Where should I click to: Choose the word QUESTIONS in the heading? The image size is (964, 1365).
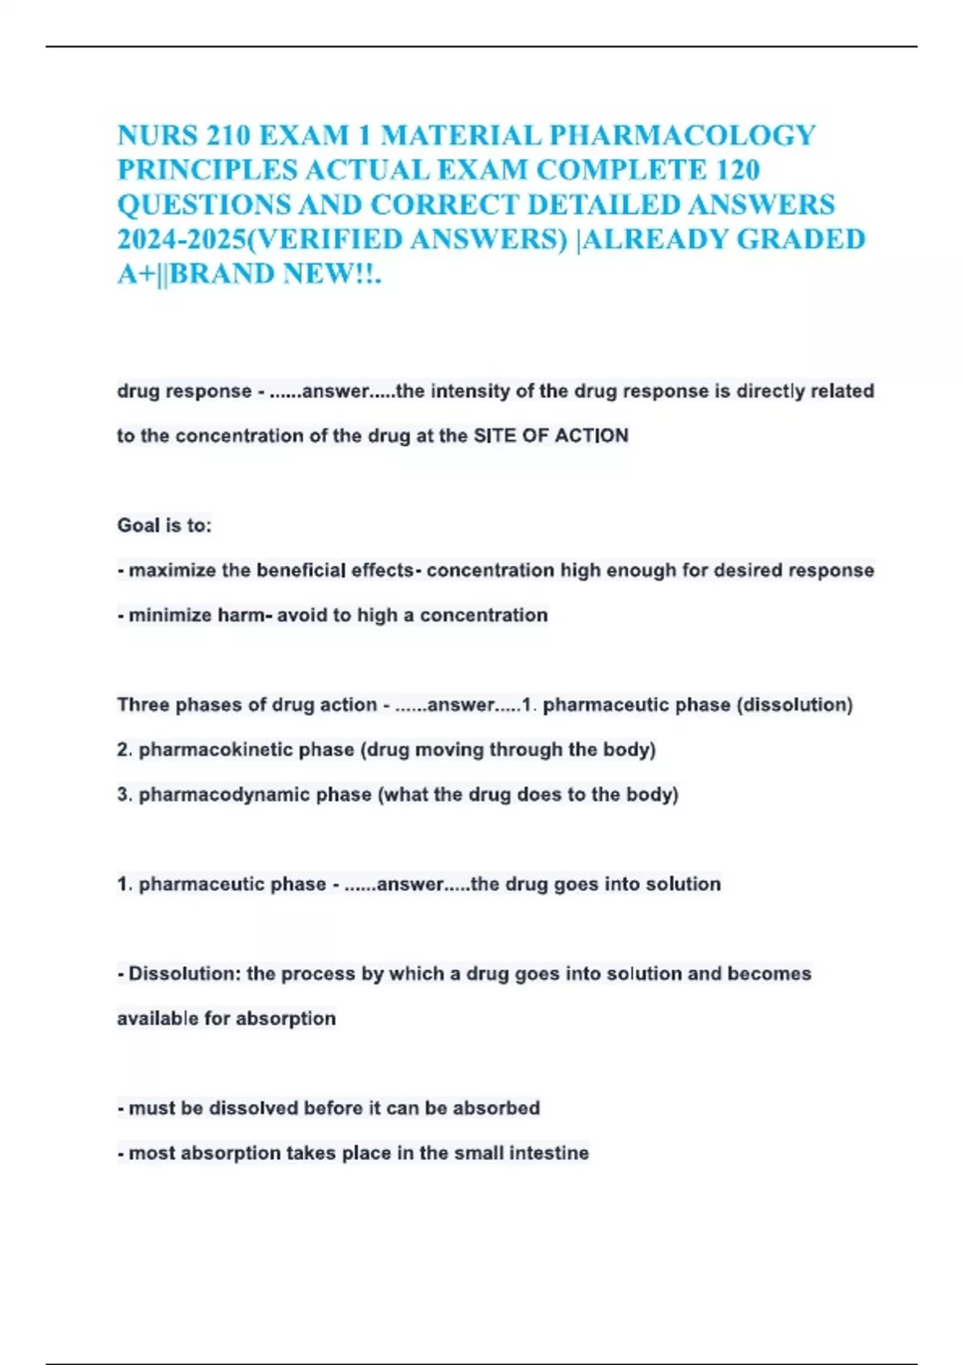[x=203, y=205]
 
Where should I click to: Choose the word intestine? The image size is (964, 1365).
[x=550, y=1153]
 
